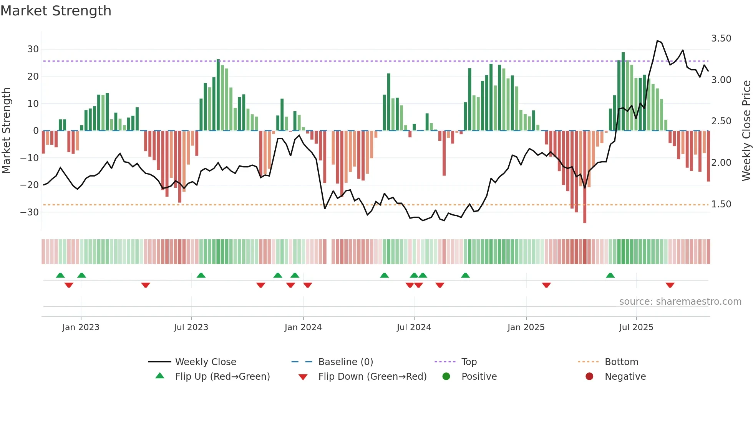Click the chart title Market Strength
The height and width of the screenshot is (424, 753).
(56, 11)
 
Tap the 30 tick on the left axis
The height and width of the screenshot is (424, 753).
(33, 49)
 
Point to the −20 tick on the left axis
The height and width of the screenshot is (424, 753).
(30, 185)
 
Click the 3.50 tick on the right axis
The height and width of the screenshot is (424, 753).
(721, 38)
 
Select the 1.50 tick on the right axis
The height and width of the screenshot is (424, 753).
(721, 204)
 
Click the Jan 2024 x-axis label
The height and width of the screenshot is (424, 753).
(303, 327)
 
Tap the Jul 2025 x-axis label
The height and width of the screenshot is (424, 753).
(636, 327)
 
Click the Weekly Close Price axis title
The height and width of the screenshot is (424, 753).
(746, 130)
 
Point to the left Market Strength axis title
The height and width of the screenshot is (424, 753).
(7, 130)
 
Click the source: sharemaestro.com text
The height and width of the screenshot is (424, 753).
(680, 302)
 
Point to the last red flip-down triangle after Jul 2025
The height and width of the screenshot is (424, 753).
(670, 285)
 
